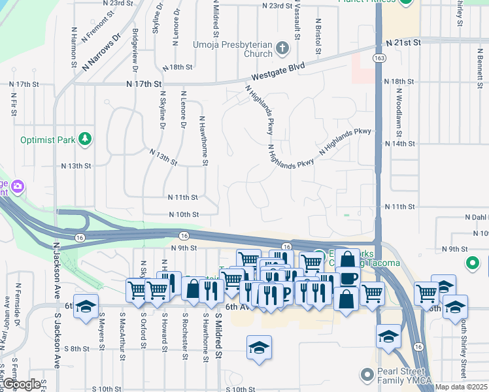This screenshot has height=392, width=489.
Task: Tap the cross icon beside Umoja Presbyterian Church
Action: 282,48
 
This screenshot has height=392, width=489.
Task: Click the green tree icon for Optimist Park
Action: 84,139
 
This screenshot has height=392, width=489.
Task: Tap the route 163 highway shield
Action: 379,58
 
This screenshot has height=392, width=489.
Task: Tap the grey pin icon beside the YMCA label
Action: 365,375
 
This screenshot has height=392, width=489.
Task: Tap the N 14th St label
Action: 401,144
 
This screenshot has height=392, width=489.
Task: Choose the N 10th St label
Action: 183,214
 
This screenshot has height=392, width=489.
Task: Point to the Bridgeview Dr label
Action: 135,50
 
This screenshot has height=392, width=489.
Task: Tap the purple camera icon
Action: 17,188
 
